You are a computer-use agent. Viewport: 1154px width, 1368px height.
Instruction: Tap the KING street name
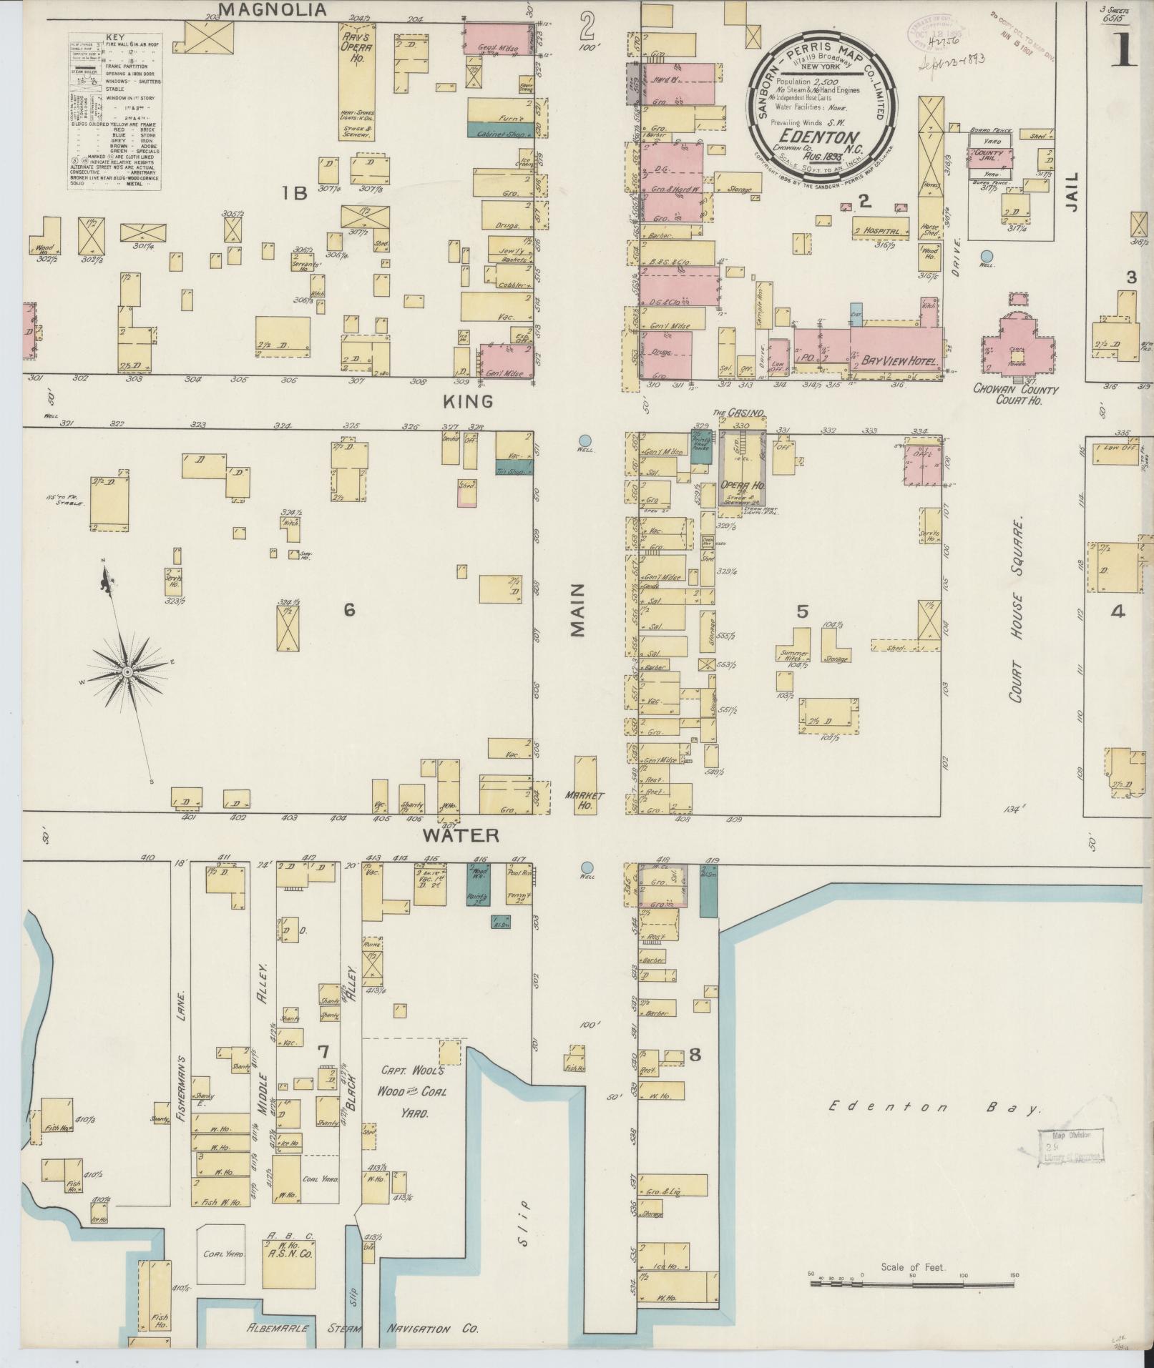click(x=468, y=401)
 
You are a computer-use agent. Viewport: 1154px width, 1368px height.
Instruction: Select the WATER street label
click(x=460, y=835)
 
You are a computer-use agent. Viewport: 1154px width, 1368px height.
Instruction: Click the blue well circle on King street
click(x=585, y=441)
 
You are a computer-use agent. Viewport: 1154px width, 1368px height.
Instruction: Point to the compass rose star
click(x=127, y=671)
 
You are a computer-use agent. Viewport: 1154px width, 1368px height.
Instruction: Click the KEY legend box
click(x=114, y=111)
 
